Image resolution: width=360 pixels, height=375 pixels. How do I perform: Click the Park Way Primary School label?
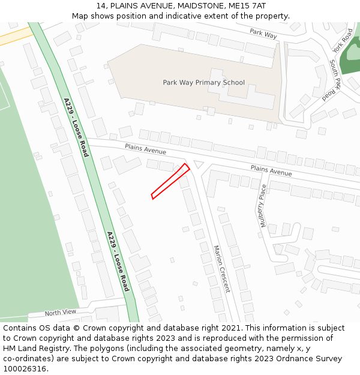click(203, 82)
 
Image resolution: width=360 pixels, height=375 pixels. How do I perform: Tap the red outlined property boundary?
click(170, 181)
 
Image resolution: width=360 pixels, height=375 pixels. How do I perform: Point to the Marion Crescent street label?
click(221, 268)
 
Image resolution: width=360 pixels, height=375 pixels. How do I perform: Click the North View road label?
click(61, 313)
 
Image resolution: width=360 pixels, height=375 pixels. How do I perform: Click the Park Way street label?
click(263, 34)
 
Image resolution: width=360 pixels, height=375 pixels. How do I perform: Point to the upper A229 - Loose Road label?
click(76, 127)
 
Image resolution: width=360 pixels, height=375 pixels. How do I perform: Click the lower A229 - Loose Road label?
click(118, 261)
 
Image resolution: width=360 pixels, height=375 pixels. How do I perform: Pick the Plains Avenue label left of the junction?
click(145, 148)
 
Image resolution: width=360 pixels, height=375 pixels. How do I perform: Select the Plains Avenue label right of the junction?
click(271, 171)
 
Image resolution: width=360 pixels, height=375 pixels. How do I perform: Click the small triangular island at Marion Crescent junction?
click(199, 164)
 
